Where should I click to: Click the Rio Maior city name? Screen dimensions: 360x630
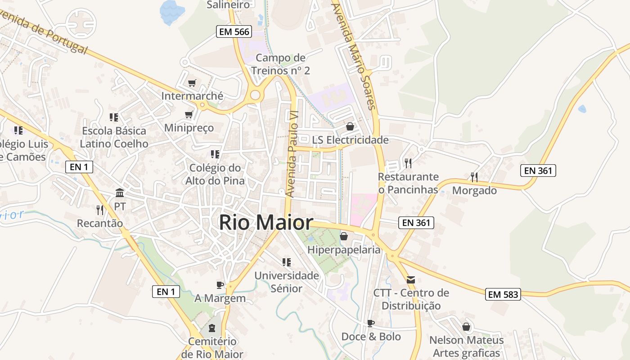coord(266,223)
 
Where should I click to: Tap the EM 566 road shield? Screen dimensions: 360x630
coord(234,31)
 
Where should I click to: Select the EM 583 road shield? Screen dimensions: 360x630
coord(504,294)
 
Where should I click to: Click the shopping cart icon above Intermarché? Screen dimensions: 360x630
coord(192,83)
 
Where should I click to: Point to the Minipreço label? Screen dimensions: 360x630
coord(189,128)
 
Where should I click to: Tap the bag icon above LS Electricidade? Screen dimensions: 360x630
coord(350,126)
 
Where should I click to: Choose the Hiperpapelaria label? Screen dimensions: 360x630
coord(344,250)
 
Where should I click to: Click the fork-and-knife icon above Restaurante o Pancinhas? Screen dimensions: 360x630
coord(408,163)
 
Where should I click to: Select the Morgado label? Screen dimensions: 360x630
coord(474,190)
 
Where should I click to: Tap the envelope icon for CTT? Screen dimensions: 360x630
coord(411,279)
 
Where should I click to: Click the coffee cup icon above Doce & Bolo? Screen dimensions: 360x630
coord(371,323)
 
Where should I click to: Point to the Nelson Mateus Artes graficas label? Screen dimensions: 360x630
coord(466,346)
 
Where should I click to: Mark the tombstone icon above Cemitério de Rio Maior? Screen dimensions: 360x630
coord(212,327)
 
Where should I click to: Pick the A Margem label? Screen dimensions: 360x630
coord(220,298)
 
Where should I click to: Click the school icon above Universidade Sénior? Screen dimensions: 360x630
coord(286,262)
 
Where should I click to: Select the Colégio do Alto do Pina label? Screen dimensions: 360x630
coord(215,174)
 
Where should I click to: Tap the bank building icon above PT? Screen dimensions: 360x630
coord(120,193)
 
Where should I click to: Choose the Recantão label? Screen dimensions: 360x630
coord(100,223)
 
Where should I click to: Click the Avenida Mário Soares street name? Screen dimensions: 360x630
coord(353,56)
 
